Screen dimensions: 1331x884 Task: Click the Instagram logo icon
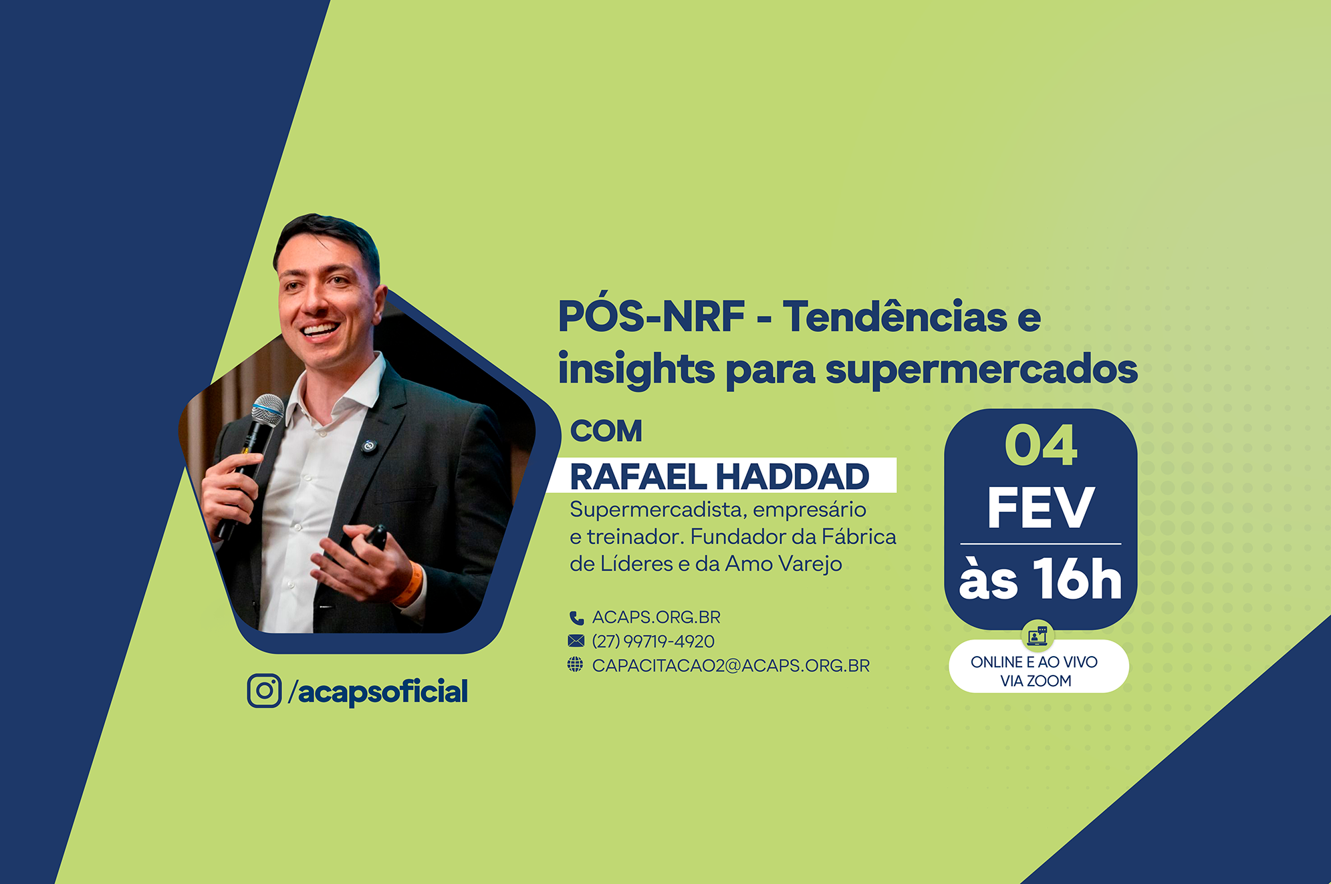click(x=264, y=690)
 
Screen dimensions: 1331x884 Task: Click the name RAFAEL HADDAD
click(x=719, y=476)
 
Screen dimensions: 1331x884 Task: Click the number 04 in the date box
click(x=1041, y=446)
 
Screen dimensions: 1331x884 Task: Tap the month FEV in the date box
click(x=1041, y=508)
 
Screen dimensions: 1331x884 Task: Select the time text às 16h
click(x=1040, y=579)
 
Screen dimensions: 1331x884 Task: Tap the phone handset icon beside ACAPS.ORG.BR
click(x=576, y=617)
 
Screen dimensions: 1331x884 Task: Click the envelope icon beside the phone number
click(x=576, y=641)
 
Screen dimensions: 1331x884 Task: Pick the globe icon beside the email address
click(x=575, y=665)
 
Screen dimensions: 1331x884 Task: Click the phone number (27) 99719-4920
click(x=653, y=641)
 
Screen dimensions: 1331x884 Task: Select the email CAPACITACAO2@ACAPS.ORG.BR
click(x=731, y=666)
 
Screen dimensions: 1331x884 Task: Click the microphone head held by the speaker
click(x=267, y=410)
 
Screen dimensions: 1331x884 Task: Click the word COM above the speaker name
click(x=606, y=431)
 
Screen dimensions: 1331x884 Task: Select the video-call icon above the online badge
click(x=1038, y=635)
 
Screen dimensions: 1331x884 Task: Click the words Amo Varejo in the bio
click(x=783, y=564)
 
